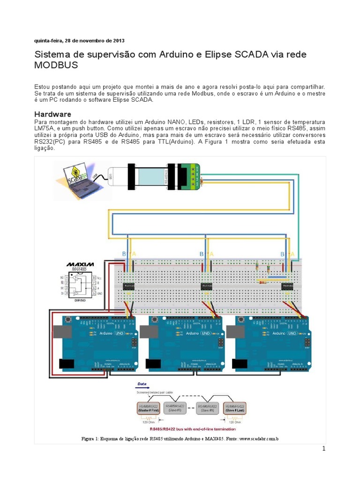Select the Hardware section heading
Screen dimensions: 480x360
53,114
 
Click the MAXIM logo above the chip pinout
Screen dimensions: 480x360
80,265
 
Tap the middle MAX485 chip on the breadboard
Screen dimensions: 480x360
207,286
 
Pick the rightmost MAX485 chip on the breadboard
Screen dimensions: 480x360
287,286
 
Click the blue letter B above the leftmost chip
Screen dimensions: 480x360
124,254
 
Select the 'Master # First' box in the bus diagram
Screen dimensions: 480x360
148,407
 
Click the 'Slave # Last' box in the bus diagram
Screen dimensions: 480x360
234,407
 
